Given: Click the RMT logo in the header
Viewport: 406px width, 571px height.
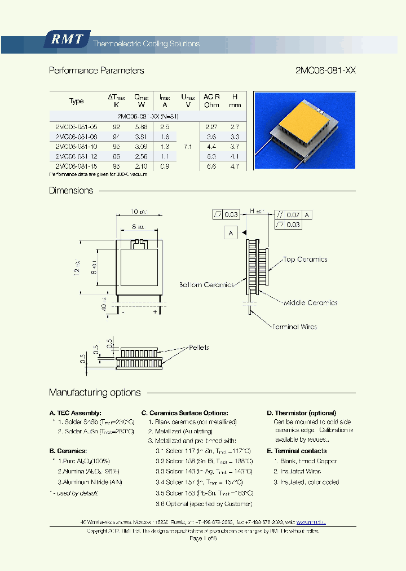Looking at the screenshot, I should (x=67, y=39).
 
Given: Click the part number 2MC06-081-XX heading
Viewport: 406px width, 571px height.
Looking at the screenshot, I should (x=325, y=71).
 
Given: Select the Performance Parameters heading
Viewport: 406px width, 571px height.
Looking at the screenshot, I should (x=96, y=71).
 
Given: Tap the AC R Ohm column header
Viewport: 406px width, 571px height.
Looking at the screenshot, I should (x=212, y=101).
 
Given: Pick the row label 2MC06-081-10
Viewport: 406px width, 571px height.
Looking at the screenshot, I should (x=77, y=147).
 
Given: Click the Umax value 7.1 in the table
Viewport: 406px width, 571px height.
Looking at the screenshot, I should (x=188, y=147).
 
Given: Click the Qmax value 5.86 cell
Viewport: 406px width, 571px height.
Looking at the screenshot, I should (x=140, y=127).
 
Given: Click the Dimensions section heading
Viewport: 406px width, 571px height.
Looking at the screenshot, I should (x=71, y=191).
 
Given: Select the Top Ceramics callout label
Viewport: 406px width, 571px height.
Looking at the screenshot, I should (x=305, y=260).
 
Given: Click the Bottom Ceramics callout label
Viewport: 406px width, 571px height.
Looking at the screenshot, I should (x=206, y=285).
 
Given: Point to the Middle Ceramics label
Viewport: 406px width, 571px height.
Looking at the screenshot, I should (x=310, y=303).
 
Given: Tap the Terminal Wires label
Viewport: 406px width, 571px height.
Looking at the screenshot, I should (x=294, y=327).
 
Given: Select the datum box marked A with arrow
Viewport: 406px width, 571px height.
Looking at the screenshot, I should (x=231, y=232).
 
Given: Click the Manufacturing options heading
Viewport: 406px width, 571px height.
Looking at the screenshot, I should (x=95, y=393).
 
